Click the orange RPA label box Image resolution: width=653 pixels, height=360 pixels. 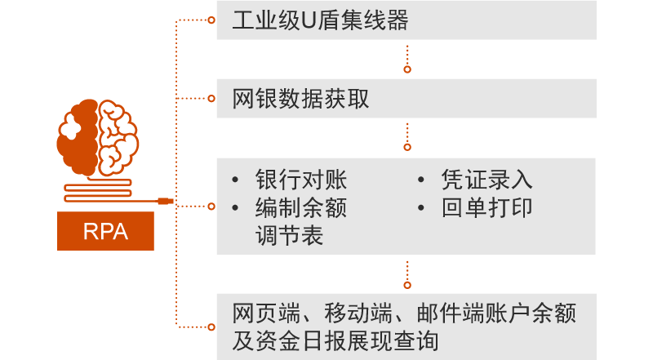point(105,231)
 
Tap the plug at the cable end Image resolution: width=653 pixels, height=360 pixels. point(165,199)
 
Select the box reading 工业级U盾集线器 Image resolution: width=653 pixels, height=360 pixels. point(406,20)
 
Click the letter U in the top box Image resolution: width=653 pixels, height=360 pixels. point(308,20)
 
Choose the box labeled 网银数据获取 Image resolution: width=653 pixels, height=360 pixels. point(406,99)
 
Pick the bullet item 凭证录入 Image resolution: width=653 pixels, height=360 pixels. point(486,180)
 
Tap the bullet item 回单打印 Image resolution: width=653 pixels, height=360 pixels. point(486,207)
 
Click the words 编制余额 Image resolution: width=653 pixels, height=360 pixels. point(300,207)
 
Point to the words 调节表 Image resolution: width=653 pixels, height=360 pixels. point(289,235)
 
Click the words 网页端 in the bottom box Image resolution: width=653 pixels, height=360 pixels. point(260,313)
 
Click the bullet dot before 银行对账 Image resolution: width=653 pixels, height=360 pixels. point(236,180)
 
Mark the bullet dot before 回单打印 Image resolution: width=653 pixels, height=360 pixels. point(422,207)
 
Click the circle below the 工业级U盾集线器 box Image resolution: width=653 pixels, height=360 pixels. point(407,69)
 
